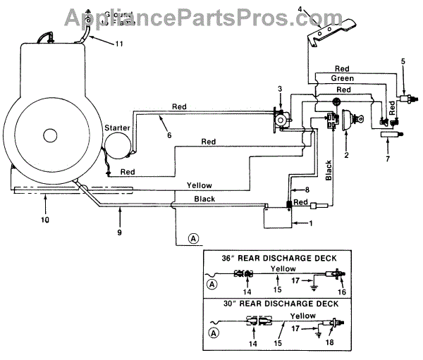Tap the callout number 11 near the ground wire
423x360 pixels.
119,44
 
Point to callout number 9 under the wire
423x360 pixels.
121,229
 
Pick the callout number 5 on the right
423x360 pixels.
403,61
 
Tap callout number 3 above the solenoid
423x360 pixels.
279,88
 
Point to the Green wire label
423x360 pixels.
342,79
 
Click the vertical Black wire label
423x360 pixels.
329,171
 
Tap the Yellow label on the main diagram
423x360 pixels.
199,185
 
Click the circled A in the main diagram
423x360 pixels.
193,238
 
